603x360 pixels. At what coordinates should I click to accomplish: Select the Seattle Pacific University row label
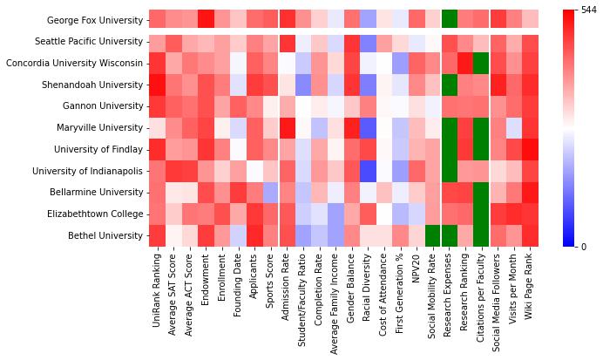tap(89, 41)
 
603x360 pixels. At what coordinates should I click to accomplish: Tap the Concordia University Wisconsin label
tap(74, 63)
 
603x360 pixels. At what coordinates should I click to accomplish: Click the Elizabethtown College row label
tap(95, 214)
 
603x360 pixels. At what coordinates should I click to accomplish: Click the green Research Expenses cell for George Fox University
tap(449, 19)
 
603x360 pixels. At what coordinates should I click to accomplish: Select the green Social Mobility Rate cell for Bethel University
tap(432, 235)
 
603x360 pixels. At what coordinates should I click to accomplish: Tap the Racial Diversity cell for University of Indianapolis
tap(368, 171)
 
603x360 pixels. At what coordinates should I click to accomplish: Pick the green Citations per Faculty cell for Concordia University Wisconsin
tap(482, 63)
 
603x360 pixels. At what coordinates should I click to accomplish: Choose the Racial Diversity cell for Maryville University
tap(368, 127)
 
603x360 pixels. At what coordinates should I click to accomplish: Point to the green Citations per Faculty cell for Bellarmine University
tap(482, 193)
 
